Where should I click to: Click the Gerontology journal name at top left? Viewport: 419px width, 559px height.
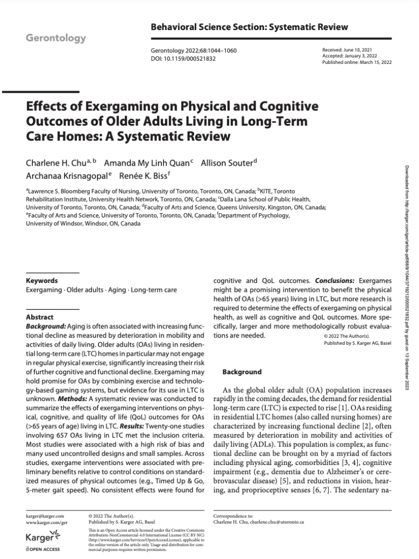[x=56, y=38]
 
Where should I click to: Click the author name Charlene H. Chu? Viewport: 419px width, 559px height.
[x=57, y=164]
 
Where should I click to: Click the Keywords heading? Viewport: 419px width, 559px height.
[x=42, y=281]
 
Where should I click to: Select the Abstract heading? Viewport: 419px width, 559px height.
[x=40, y=317]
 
